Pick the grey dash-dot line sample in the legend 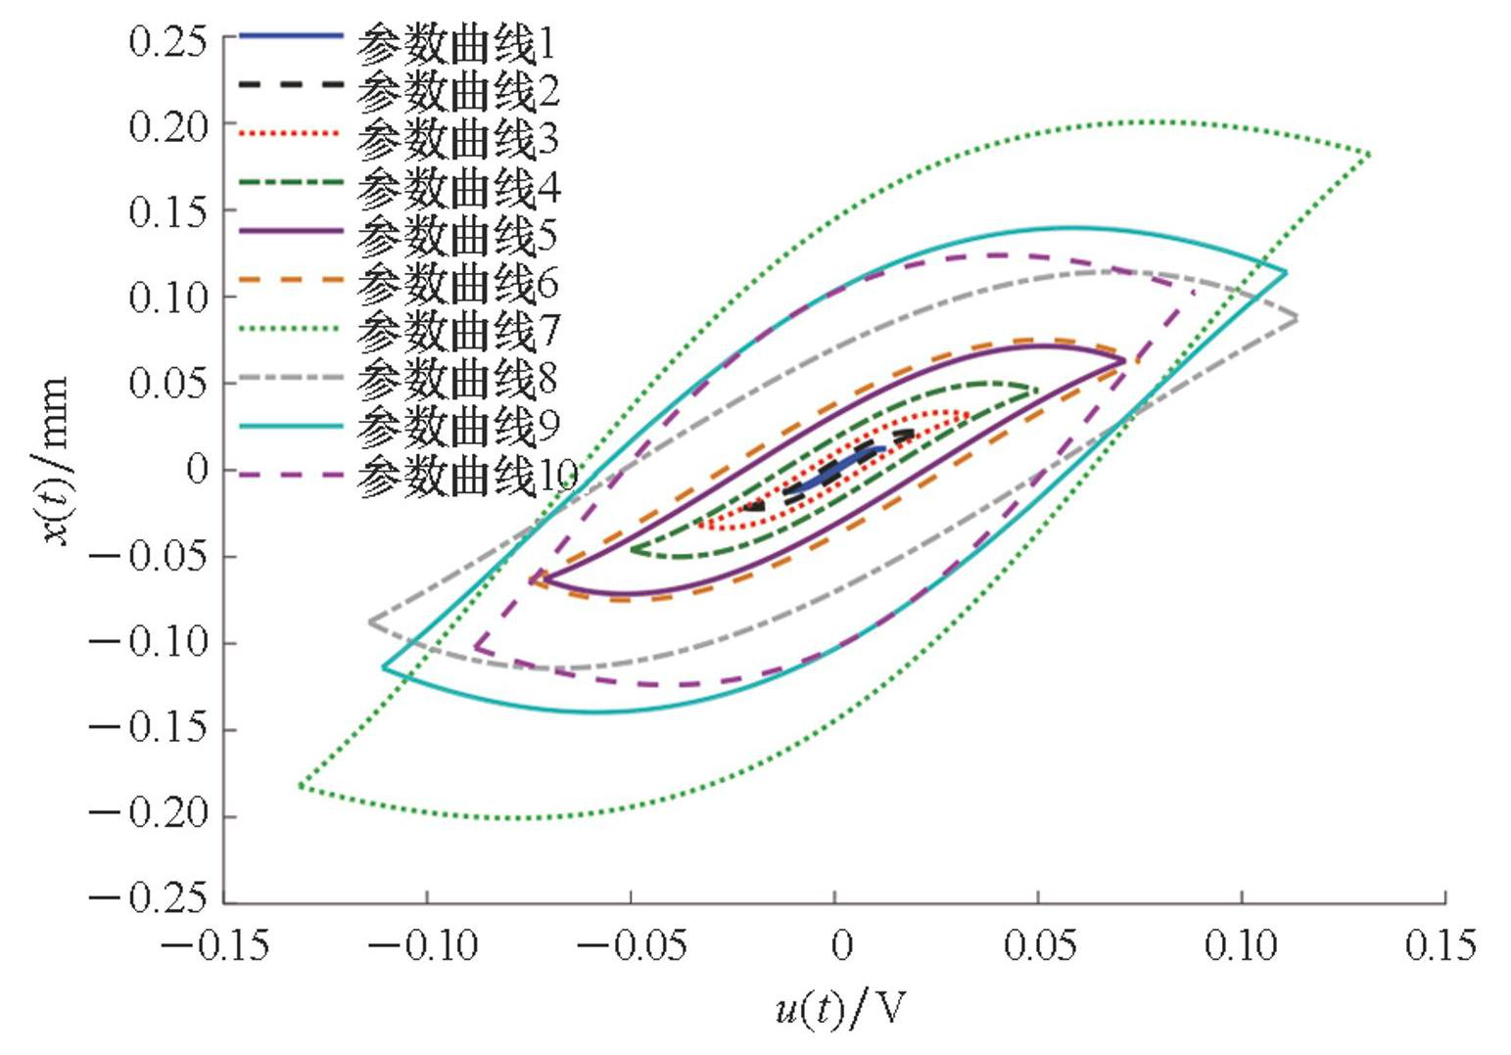tap(291, 377)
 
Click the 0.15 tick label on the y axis tap(168, 211)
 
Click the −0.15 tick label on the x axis tap(214, 946)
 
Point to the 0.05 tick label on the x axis tap(1040, 946)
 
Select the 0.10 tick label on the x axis tap(1243, 946)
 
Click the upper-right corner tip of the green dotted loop tap(1369, 154)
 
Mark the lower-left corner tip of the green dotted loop tap(301, 785)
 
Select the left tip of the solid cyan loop tap(383, 667)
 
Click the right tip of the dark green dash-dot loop tap(1037, 390)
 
